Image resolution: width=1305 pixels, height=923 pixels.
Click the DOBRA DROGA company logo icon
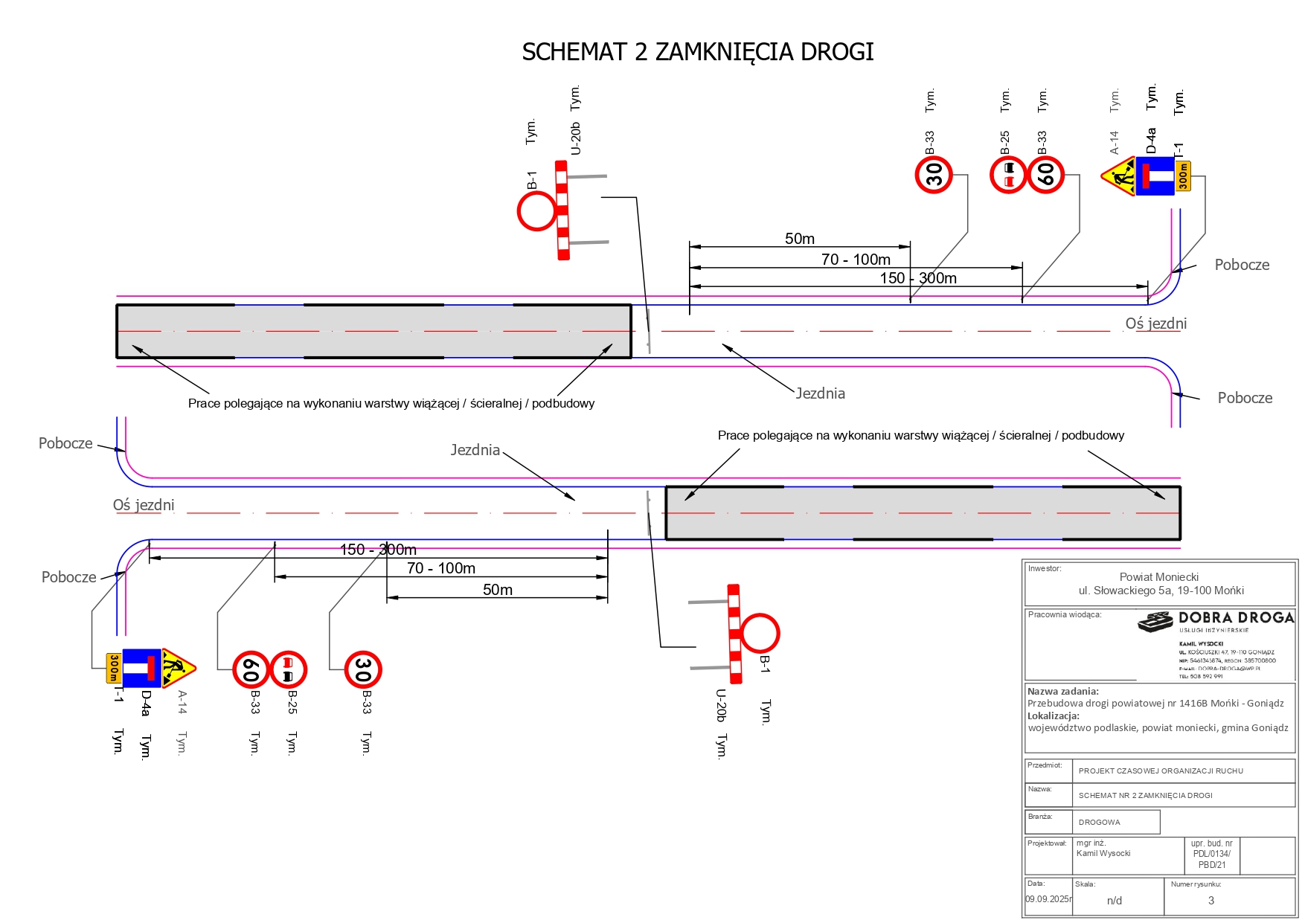click(x=1155, y=622)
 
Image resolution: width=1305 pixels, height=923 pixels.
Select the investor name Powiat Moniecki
click(x=1158, y=577)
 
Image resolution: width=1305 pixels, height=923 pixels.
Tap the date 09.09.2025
click(x=1048, y=899)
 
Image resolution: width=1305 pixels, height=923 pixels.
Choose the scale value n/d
click(x=1114, y=901)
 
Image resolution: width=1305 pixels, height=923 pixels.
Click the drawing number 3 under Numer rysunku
click(x=1211, y=901)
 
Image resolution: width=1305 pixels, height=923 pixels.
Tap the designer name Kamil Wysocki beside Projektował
click(x=1103, y=854)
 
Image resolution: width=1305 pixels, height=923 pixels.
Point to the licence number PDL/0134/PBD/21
click(x=1212, y=855)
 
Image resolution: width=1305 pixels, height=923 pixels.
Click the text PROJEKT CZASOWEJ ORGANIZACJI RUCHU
click(x=1161, y=771)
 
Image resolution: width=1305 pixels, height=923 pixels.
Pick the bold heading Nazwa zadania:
click(x=1062, y=692)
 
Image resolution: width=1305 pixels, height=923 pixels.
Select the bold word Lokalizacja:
click(x=1053, y=715)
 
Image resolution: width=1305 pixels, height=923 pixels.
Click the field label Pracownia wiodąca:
click(x=1064, y=615)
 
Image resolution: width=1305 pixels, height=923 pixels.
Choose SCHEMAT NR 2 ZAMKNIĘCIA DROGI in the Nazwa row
click(x=1145, y=796)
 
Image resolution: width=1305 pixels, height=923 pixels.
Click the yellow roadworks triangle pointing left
click(x=1118, y=177)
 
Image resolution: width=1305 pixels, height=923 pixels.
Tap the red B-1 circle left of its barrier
click(x=536, y=211)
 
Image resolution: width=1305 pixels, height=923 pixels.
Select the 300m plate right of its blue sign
click(x=1183, y=176)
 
